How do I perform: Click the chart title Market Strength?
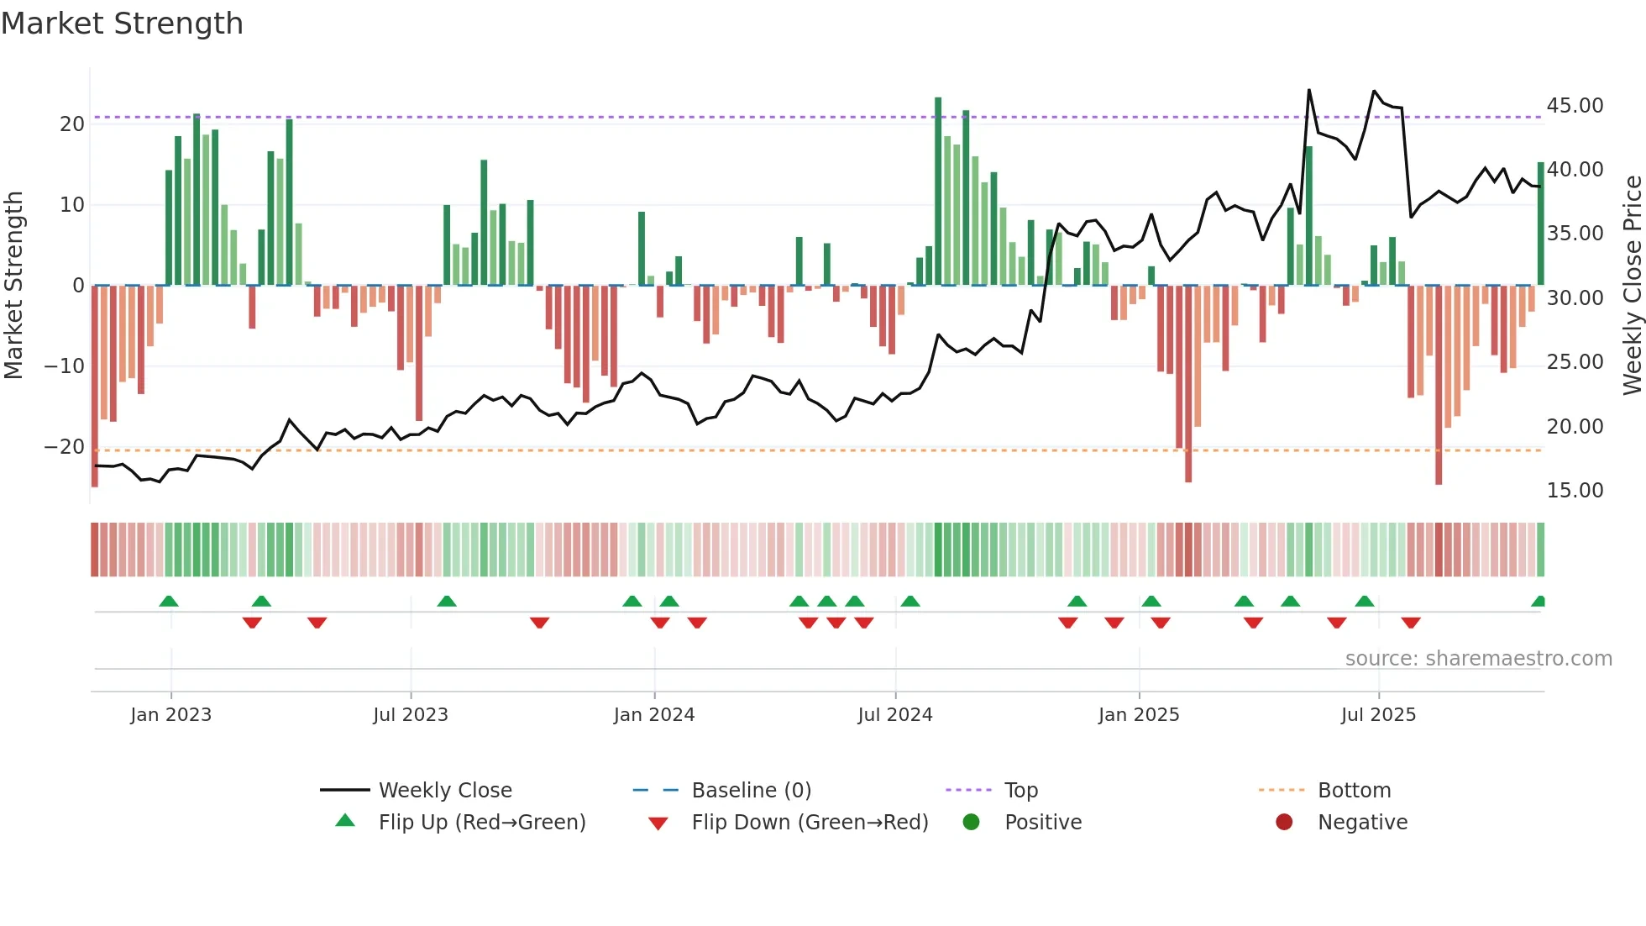pyautogui.click(x=122, y=24)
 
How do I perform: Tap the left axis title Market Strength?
pyautogui.click(x=13, y=285)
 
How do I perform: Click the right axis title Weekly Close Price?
pyautogui.click(x=1632, y=285)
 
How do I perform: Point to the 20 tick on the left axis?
pyautogui.click(x=72, y=124)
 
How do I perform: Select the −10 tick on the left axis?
pyautogui.click(x=65, y=366)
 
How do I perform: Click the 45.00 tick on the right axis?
pyautogui.click(x=1575, y=106)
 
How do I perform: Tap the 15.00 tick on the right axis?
pyautogui.click(x=1575, y=491)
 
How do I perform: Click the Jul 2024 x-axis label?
pyautogui.click(x=894, y=715)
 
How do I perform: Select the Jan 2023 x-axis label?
pyautogui.click(x=170, y=715)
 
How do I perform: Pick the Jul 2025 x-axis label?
pyautogui.click(x=1378, y=715)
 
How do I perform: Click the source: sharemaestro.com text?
pyautogui.click(x=1478, y=659)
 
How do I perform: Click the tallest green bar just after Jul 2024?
pyautogui.click(x=938, y=192)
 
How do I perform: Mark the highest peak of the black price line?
pyautogui.click(x=1308, y=90)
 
